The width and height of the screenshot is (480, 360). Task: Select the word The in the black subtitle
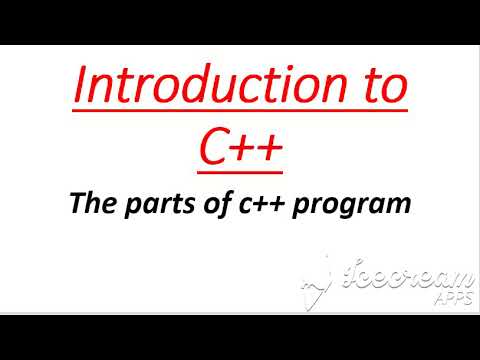(89, 205)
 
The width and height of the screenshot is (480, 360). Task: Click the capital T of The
(75, 205)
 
